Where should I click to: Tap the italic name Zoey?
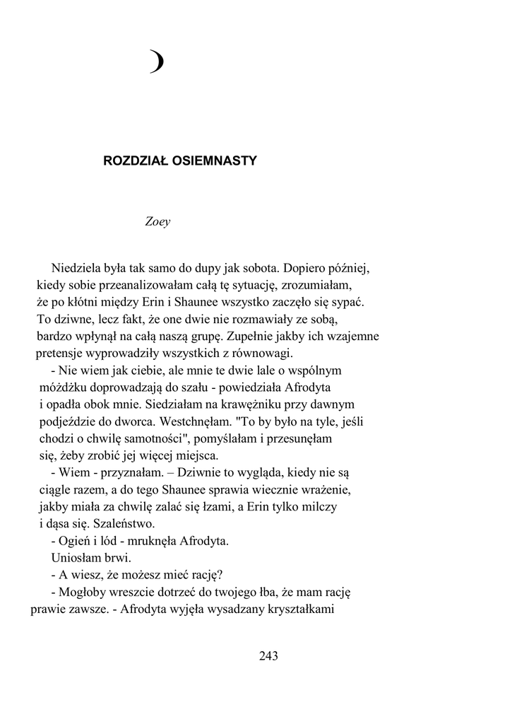[x=157, y=221]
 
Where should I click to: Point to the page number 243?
[x=269, y=655]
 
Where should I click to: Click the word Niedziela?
[x=77, y=269]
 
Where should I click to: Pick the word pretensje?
[x=60, y=353]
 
